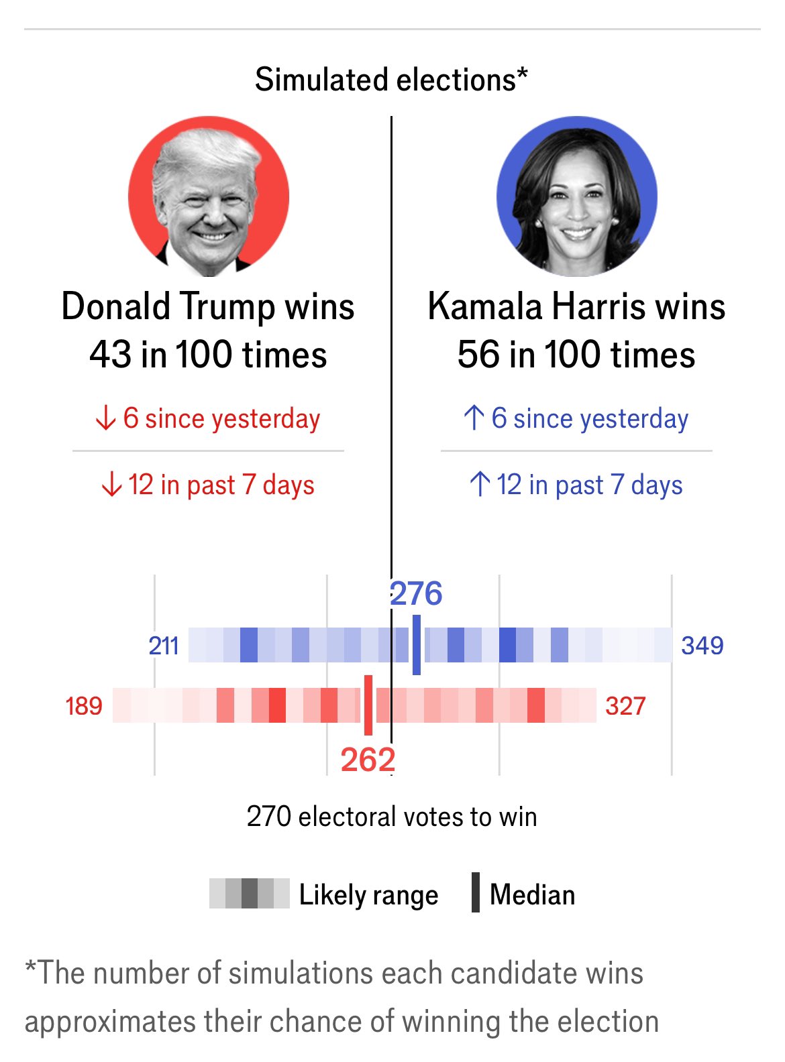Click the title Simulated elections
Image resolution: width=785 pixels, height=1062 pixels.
point(391,80)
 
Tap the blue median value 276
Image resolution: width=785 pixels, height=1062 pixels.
point(416,594)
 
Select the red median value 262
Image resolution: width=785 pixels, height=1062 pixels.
point(368,760)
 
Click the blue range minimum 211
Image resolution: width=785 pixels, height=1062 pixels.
point(164,646)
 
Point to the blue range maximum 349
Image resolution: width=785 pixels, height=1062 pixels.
point(702,646)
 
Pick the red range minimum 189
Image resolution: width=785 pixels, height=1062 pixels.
point(84,706)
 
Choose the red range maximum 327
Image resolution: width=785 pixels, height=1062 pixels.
point(625,706)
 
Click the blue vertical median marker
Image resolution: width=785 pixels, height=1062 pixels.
point(417,645)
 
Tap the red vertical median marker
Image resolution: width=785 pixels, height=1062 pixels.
point(368,705)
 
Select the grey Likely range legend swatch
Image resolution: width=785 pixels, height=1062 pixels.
point(249,894)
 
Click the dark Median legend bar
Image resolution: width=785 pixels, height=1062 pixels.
point(476,892)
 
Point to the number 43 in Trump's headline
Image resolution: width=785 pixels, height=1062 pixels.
point(111,355)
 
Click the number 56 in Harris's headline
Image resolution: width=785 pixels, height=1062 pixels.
point(478,355)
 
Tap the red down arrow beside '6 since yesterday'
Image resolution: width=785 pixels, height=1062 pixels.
point(105,418)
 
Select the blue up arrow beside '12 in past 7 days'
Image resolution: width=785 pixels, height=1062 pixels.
point(479,484)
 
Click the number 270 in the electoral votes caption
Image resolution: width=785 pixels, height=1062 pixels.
point(268,817)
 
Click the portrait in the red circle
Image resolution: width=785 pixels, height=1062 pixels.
point(209,197)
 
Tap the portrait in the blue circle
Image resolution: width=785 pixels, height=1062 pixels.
point(577,197)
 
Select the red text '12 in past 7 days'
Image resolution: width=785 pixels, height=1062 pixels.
point(221,485)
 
